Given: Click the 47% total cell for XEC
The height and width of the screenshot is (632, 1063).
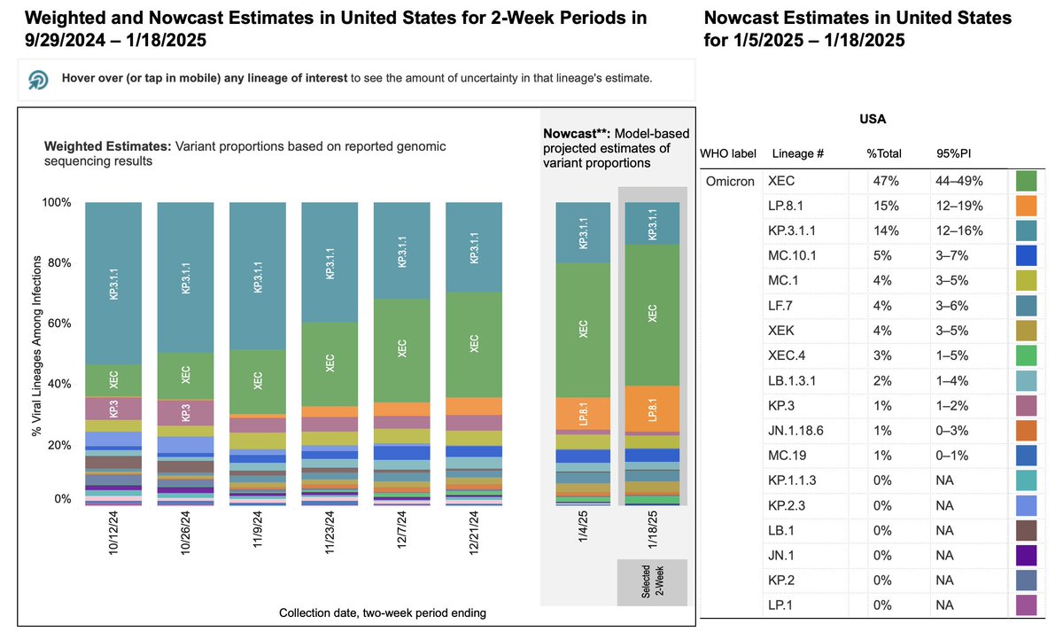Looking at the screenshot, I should coord(887,182).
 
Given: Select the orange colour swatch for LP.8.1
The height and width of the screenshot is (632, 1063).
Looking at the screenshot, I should coord(1027,207).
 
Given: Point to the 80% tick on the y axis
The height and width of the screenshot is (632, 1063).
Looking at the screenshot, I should coord(58,262).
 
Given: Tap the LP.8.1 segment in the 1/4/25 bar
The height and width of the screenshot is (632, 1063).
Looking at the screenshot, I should coord(583,413).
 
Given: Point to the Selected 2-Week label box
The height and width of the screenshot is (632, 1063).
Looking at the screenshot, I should coord(652,581).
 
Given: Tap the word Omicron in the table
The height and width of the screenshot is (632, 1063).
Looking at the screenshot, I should coord(730,182).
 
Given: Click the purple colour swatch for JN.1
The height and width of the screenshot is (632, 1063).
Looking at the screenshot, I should coord(1027,556).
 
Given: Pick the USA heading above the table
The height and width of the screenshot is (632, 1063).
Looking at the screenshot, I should coord(873,118).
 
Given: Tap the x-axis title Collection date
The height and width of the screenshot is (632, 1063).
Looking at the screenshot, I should coord(382,612).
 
